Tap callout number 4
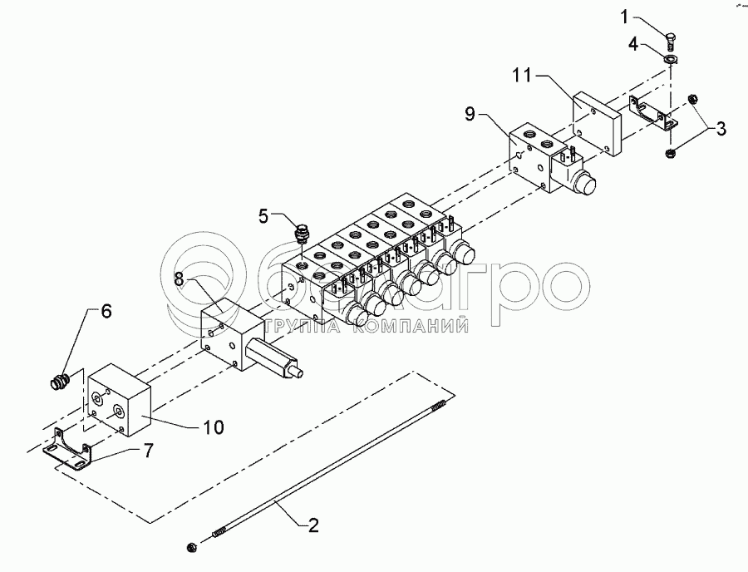[633, 45]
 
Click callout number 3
[720, 129]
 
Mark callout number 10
[214, 427]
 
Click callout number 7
[148, 451]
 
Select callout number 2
[313, 525]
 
